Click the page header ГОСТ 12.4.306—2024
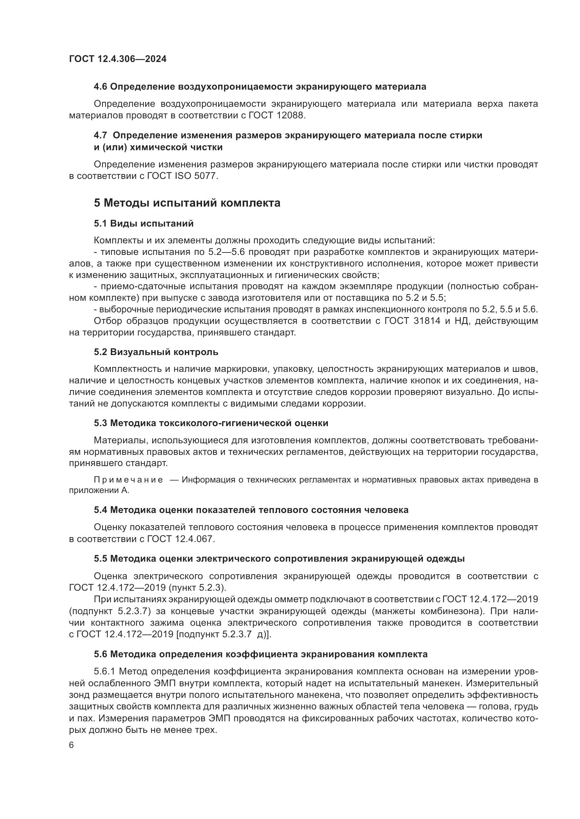click(117, 59)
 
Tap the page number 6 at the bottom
click(71, 746)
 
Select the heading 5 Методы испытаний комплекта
click(187, 203)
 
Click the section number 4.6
click(100, 87)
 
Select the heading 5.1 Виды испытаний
click(143, 224)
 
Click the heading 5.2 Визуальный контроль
click(156, 352)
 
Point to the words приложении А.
click(99, 491)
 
